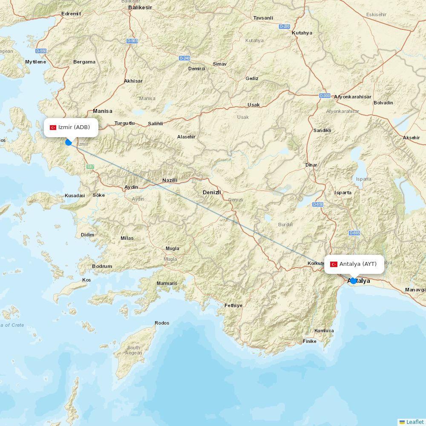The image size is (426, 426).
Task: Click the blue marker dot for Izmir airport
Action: point(68,142)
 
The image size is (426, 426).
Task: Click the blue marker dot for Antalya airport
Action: point(353,281)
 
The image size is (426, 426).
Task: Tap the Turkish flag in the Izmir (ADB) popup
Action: point(53,127)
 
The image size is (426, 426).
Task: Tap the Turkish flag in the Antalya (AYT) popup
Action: point(334,264)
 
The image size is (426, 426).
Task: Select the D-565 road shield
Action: point(132,41)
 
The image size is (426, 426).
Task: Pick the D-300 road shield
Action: point(325,96)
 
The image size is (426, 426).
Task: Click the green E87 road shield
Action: point(90,167)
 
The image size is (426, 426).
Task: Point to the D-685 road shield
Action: point(354,233)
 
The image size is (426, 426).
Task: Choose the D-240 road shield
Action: point(184,58)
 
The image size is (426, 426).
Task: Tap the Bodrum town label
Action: point(102,266)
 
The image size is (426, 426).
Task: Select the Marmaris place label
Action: point(167,283)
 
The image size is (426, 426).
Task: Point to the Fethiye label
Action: point(233,305)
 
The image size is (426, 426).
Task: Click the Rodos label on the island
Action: point(162,323)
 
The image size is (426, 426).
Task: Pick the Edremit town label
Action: point(71,14)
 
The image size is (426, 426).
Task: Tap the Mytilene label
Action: point(35,62)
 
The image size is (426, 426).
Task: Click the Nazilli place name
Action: point(170,180)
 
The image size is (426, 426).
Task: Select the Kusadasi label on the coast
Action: point(75,196)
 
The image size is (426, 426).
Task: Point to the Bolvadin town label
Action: point(383,103)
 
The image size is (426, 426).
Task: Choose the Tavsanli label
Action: point(263,18)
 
